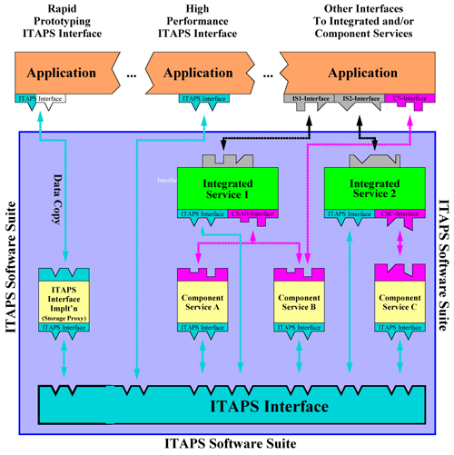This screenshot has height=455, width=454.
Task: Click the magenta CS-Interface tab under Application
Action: pyautogui.click(x=406, y=94)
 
